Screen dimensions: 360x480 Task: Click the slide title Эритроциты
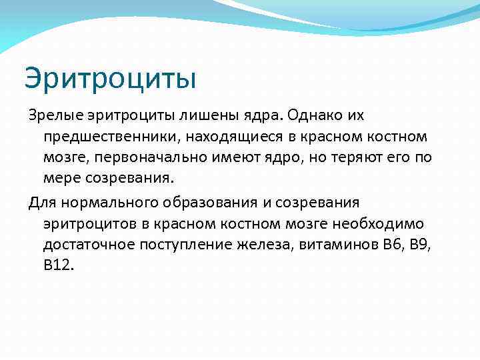[110, 78]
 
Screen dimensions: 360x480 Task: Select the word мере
[60, 179]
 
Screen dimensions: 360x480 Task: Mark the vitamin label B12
[58, 265]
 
